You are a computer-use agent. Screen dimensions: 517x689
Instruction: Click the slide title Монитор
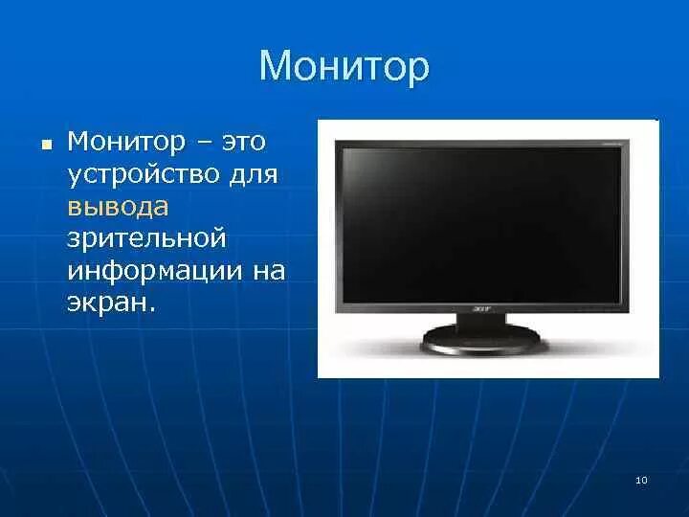tap(344, 67)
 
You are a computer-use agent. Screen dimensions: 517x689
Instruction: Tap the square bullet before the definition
tap(44, 145)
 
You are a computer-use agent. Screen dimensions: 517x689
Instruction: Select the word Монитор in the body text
tap(126, 143)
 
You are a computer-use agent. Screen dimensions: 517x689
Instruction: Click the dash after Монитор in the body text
tap(204, 144)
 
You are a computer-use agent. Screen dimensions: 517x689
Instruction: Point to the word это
tap(244, 143)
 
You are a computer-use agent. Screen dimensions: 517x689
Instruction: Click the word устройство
tap(144, 175)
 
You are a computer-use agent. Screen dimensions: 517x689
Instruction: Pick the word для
tap(254, 175)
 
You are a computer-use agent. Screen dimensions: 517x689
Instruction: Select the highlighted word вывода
tap(118, 207)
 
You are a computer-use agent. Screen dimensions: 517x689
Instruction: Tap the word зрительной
tap(145, 239)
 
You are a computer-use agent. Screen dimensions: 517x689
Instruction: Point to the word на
tap(269, 271)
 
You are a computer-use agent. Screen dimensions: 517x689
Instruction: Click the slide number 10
tap(641, 480)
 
